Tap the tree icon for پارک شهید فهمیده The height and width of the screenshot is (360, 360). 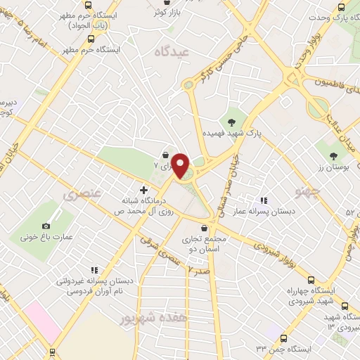231,122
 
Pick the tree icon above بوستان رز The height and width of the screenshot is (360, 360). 333,155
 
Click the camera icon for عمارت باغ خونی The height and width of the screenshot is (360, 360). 46,226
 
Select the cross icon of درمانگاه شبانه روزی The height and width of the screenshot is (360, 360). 144,189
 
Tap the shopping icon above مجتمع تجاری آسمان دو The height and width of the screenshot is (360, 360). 204,228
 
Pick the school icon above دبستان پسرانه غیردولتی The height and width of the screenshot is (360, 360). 94,269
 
